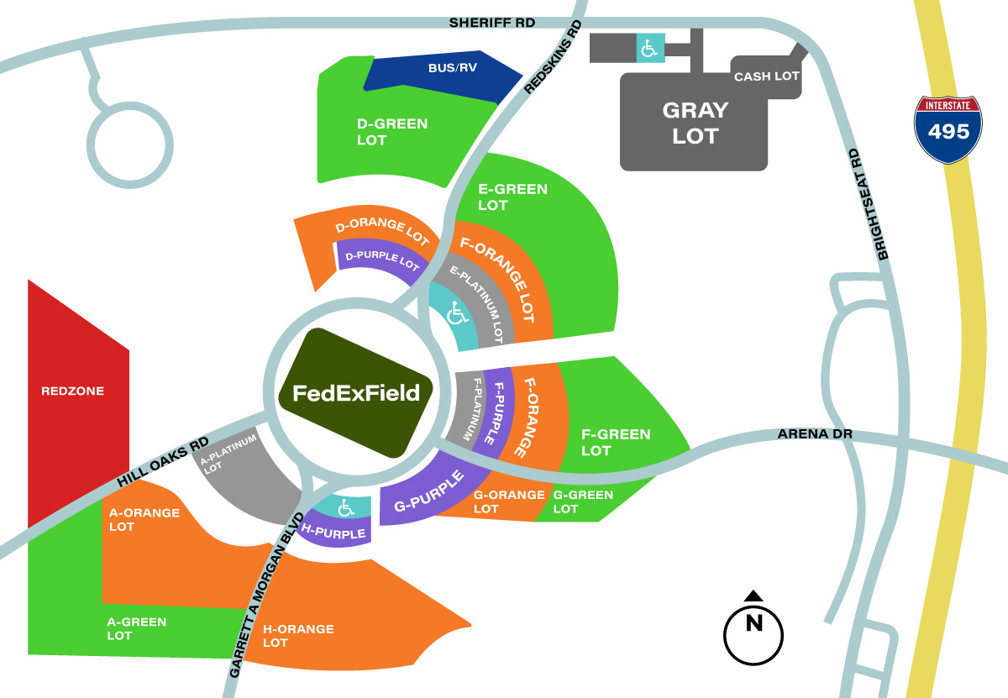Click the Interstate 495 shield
(948, 129)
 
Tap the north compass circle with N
(753, 635)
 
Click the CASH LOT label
(766, 76)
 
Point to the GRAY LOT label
(696, 123)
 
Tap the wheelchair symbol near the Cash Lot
(650, 48)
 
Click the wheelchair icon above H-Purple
(345, 508)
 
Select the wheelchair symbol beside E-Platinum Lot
(457, 313)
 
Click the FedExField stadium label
(356, 393)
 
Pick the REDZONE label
(72, 391)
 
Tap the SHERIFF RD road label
(492, 23)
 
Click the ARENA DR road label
(815, 433)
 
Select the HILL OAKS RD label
(163, 462)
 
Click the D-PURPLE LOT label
(382, 260)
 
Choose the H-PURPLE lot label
(333, 532)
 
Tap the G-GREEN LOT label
(583, 501)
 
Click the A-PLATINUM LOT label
(228, 454)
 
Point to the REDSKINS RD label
(553, 57)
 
